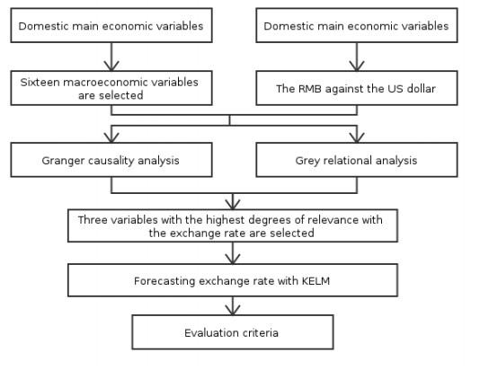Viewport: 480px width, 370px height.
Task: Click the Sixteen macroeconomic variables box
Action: point(111,88)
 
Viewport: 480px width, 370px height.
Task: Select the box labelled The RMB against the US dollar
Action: point(357,88)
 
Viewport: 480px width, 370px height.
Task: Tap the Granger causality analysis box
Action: point(111,160)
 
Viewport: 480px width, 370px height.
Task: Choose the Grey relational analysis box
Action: point(357,160)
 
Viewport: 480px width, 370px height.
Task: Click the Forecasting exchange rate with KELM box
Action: point(233,280)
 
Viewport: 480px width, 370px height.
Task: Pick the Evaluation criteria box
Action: point(233,332)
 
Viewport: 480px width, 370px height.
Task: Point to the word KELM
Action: point(316,281)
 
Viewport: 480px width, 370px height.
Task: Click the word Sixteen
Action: point(39,83)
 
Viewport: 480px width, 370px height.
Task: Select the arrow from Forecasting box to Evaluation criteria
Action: point(233,305)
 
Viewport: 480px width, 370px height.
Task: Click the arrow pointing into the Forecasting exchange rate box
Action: point(233,253)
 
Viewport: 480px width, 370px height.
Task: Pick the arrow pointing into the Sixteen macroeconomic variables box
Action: point(111,57)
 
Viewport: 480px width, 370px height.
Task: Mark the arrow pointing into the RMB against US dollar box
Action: point(357,57)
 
